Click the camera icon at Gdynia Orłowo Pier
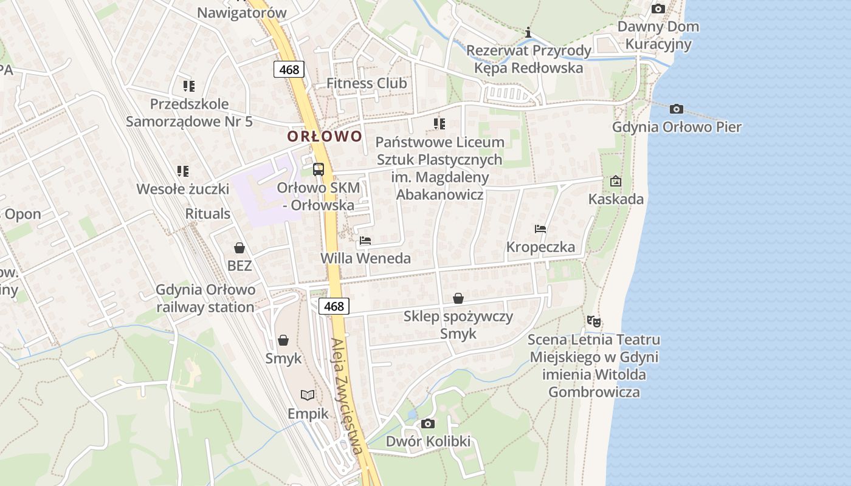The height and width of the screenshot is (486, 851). pos(676,109)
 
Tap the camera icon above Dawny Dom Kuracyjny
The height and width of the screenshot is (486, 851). pos(658,9)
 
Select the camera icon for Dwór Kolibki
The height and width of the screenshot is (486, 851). pos(428,423)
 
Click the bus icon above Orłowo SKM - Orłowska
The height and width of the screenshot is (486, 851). pos(319,169)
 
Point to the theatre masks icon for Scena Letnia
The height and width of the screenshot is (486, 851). pos(594,321)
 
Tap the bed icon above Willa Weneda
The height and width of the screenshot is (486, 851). pos(365,241)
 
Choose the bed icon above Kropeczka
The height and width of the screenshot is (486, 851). pos(540,229)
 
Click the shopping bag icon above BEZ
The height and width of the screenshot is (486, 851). pos(239,248)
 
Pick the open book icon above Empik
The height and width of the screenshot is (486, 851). pos(308,395)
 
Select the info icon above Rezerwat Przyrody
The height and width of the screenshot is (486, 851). pos(528,32)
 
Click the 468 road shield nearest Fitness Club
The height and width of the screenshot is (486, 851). pos(289,69)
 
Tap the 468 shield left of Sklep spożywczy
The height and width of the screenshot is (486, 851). pos(334,306)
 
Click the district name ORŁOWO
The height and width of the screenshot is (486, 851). pos(325,136)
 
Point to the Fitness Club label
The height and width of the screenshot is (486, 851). pos(367,83)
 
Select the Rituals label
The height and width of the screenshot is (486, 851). pos(208,214)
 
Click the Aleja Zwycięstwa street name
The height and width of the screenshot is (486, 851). pos(348,395)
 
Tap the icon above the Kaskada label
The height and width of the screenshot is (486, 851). pos(616,181)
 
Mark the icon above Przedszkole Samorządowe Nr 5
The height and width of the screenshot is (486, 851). pos(189,86)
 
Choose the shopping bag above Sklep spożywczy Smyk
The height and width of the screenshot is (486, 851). pos(458,298)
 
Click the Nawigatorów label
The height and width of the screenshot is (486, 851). pos(242,13)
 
